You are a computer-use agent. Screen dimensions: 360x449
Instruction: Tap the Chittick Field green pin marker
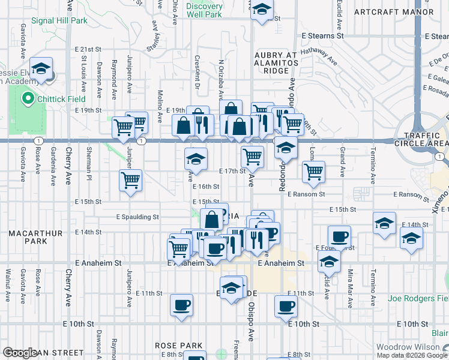coord(27,98)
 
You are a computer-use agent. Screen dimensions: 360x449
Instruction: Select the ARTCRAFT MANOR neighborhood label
coord(393,11)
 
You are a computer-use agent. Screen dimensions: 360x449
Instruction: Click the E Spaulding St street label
coord(137,217)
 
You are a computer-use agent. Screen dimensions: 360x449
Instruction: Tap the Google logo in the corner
coord(19,353)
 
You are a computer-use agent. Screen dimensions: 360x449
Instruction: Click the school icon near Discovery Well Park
coord(262,10)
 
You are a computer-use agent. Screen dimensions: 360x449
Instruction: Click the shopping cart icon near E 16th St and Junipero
coord(131,179)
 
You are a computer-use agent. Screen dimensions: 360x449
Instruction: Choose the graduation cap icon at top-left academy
coord(41,68)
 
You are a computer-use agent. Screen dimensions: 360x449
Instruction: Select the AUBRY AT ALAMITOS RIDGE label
coord(276,63)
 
